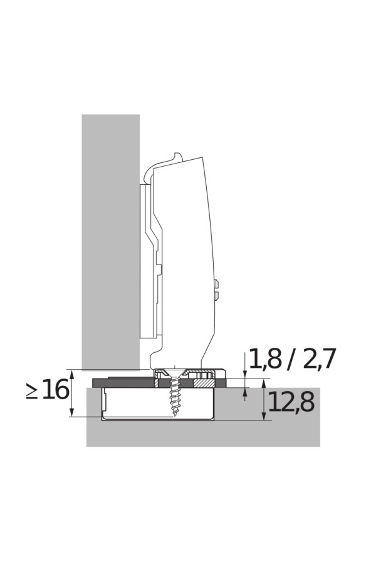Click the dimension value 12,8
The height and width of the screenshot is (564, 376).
click(x=291, y=402)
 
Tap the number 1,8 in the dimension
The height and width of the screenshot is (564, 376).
click(x=265, y=358)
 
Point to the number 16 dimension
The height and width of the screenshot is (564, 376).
click(x=55, y=390)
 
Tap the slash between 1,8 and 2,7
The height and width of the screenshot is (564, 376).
click(x=292, y=358)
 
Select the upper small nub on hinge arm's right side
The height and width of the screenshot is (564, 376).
click(x=217, y=285)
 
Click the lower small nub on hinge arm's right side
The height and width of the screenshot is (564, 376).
click(x=217, y=296)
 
